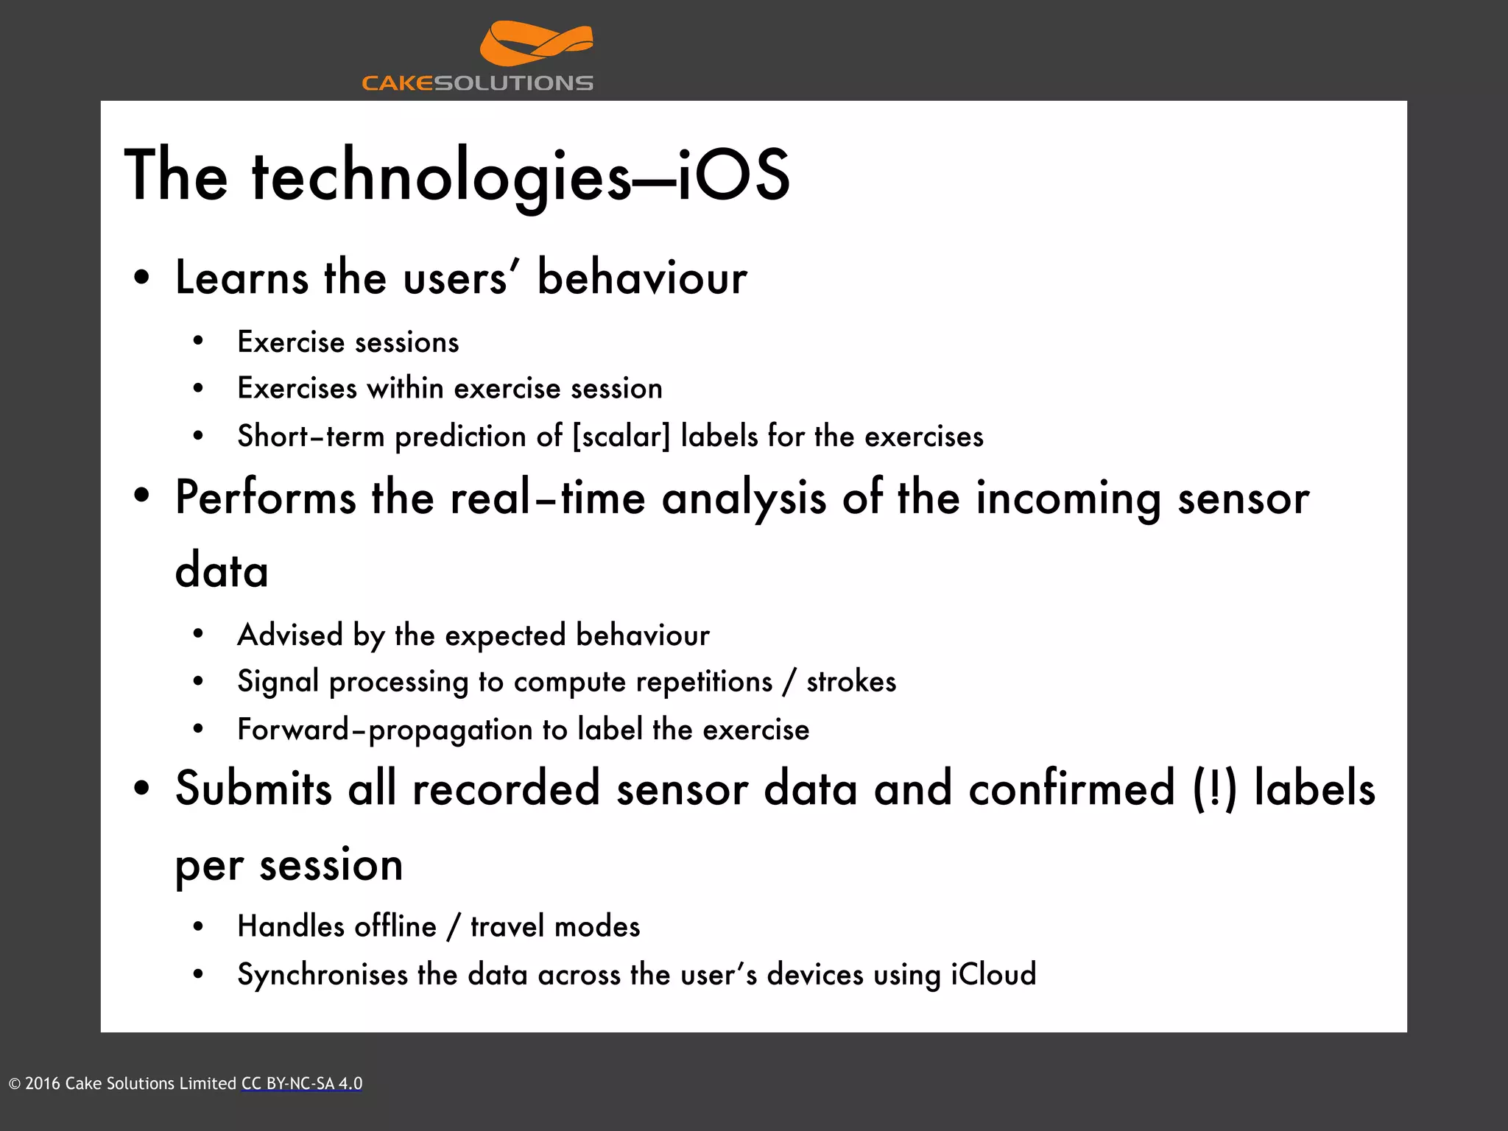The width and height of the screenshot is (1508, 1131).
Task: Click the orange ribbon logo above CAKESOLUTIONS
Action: tap(535, 44)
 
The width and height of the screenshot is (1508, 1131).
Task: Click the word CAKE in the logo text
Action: tap(397, 83)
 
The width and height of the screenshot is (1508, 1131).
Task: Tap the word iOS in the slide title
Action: tap(733, 175)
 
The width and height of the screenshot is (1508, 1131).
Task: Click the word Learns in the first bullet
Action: tap(242, 278)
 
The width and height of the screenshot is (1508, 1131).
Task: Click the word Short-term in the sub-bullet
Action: tap(310, 436)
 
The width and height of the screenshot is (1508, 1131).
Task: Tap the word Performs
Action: tap(265, 498)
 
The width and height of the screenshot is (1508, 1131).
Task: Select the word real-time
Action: tap(548, 498)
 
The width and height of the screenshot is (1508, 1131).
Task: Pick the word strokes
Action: tap(851, 682)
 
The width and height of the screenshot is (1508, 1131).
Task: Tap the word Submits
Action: tap(253, 789)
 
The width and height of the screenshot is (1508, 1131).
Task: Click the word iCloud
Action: tap(993, 974)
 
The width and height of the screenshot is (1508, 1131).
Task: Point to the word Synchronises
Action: tap(323, 975)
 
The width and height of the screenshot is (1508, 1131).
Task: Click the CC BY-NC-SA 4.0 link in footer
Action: tap(302, 1084)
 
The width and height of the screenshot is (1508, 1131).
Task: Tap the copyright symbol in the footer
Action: tap(15, 1084)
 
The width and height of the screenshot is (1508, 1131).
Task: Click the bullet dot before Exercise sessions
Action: tap(197, 342)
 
